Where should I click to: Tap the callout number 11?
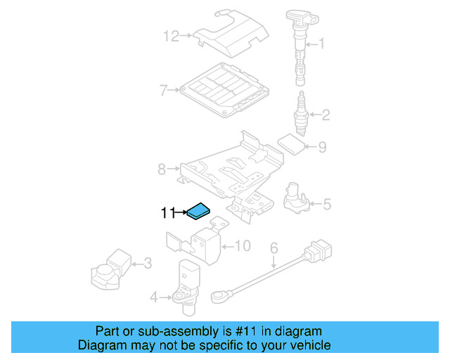168,212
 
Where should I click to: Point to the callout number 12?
171,34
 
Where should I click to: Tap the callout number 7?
163,90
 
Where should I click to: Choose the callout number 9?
322,147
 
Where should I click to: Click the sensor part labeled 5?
295,197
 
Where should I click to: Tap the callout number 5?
326,205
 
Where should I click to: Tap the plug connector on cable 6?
319,250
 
